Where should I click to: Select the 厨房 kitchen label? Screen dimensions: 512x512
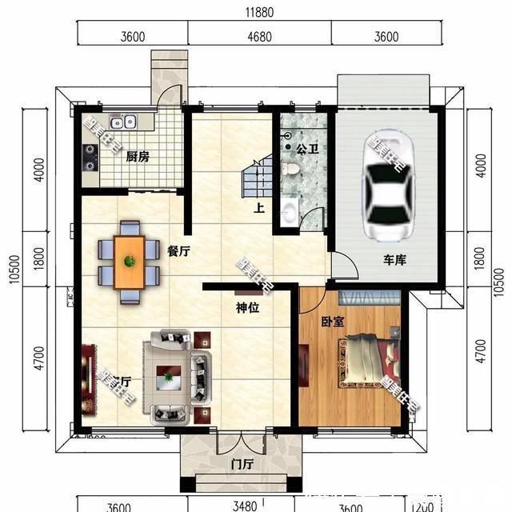(138, 157)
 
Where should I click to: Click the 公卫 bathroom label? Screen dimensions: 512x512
(307, 150)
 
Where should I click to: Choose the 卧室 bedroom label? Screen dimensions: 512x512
(332, 322)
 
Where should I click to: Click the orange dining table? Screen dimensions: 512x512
(129, 262)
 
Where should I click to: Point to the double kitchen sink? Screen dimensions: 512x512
(123, 123)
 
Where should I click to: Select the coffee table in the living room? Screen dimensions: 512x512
(170, 375)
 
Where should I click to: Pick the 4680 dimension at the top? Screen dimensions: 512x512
(259, 37)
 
